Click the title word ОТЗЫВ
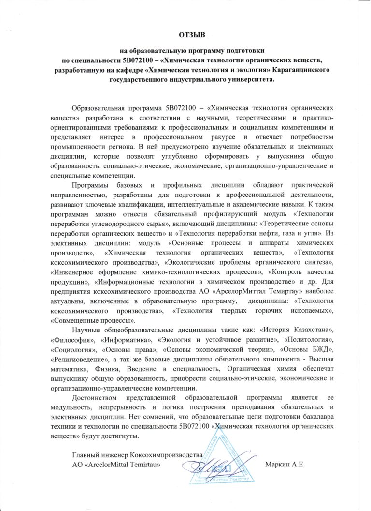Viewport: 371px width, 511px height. [192, 35]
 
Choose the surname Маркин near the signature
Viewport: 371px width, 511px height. [278, 465]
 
